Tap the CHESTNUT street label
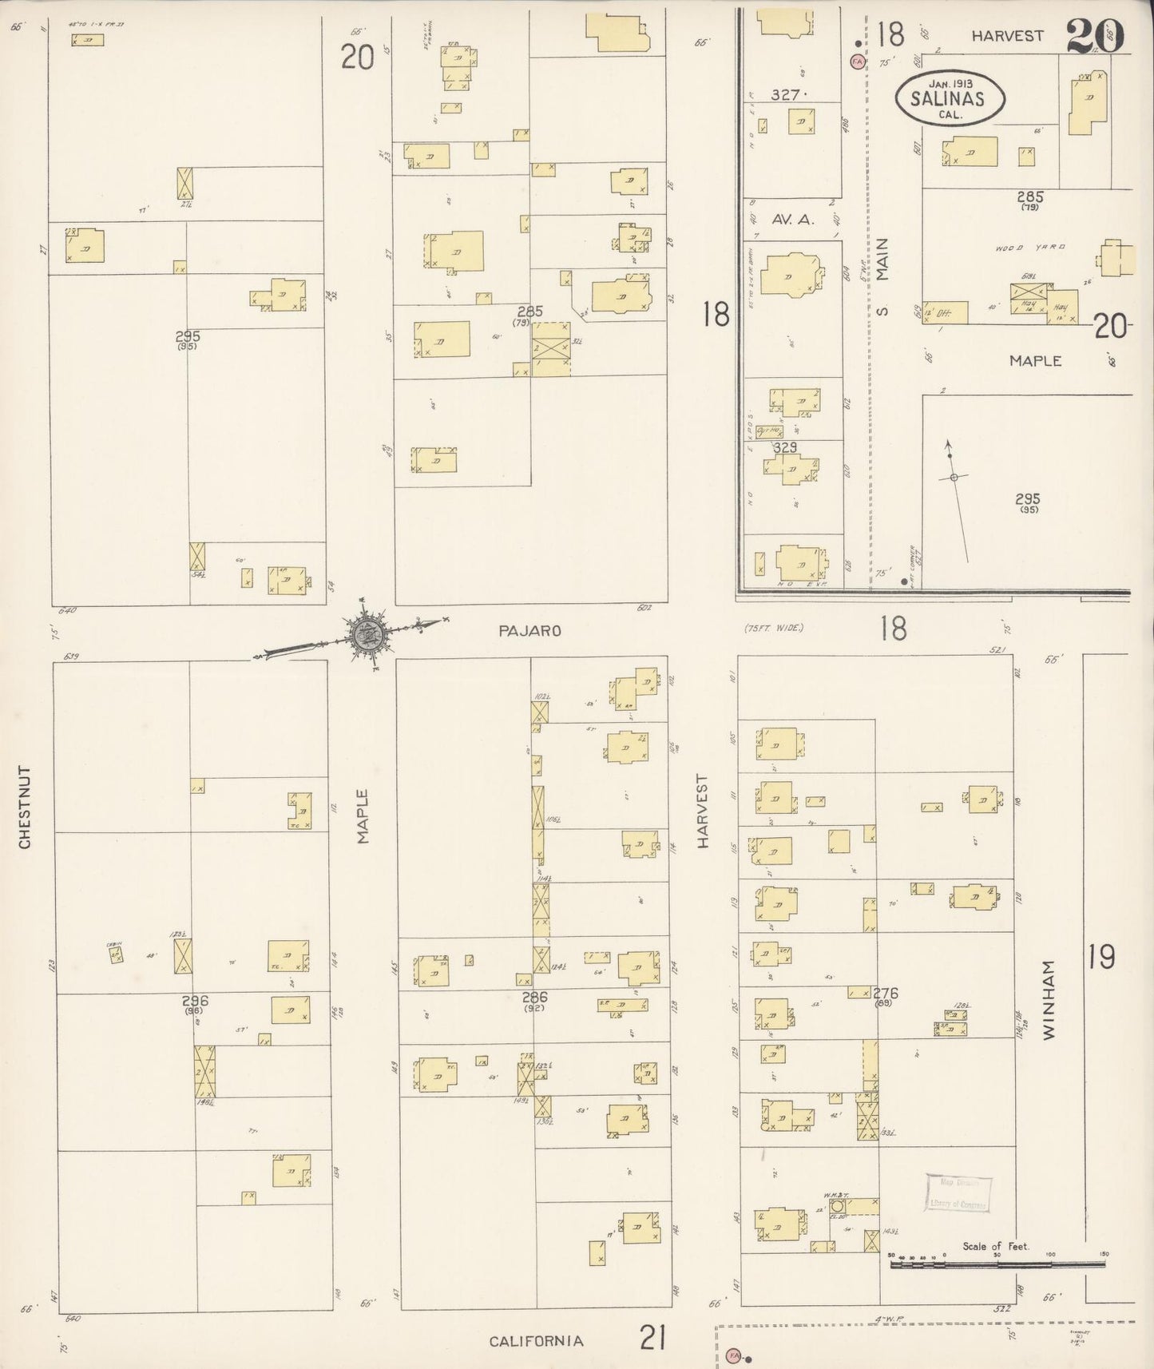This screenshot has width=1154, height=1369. [x=24, y=808]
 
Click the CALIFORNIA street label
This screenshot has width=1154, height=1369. [x=536, y=1341]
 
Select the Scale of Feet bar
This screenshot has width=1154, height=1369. [x=997, y=1265]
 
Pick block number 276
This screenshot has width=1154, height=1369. [x=886, y=994]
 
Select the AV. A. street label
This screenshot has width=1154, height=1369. [x=792, y=220]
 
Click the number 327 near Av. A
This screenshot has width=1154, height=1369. [x=786, y=95]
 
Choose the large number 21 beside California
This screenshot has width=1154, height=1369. [x=652, y=1337]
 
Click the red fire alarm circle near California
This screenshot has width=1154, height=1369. [x=733, y=1356]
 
